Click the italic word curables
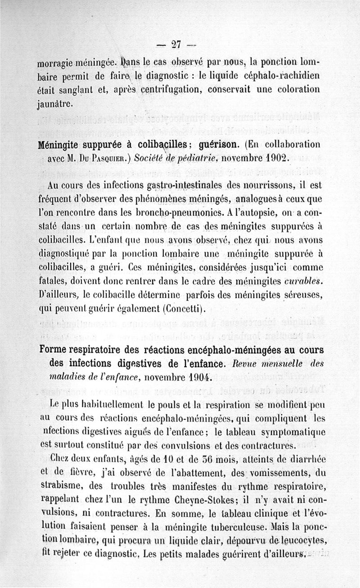pyautogui.click(x=301, y=282)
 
